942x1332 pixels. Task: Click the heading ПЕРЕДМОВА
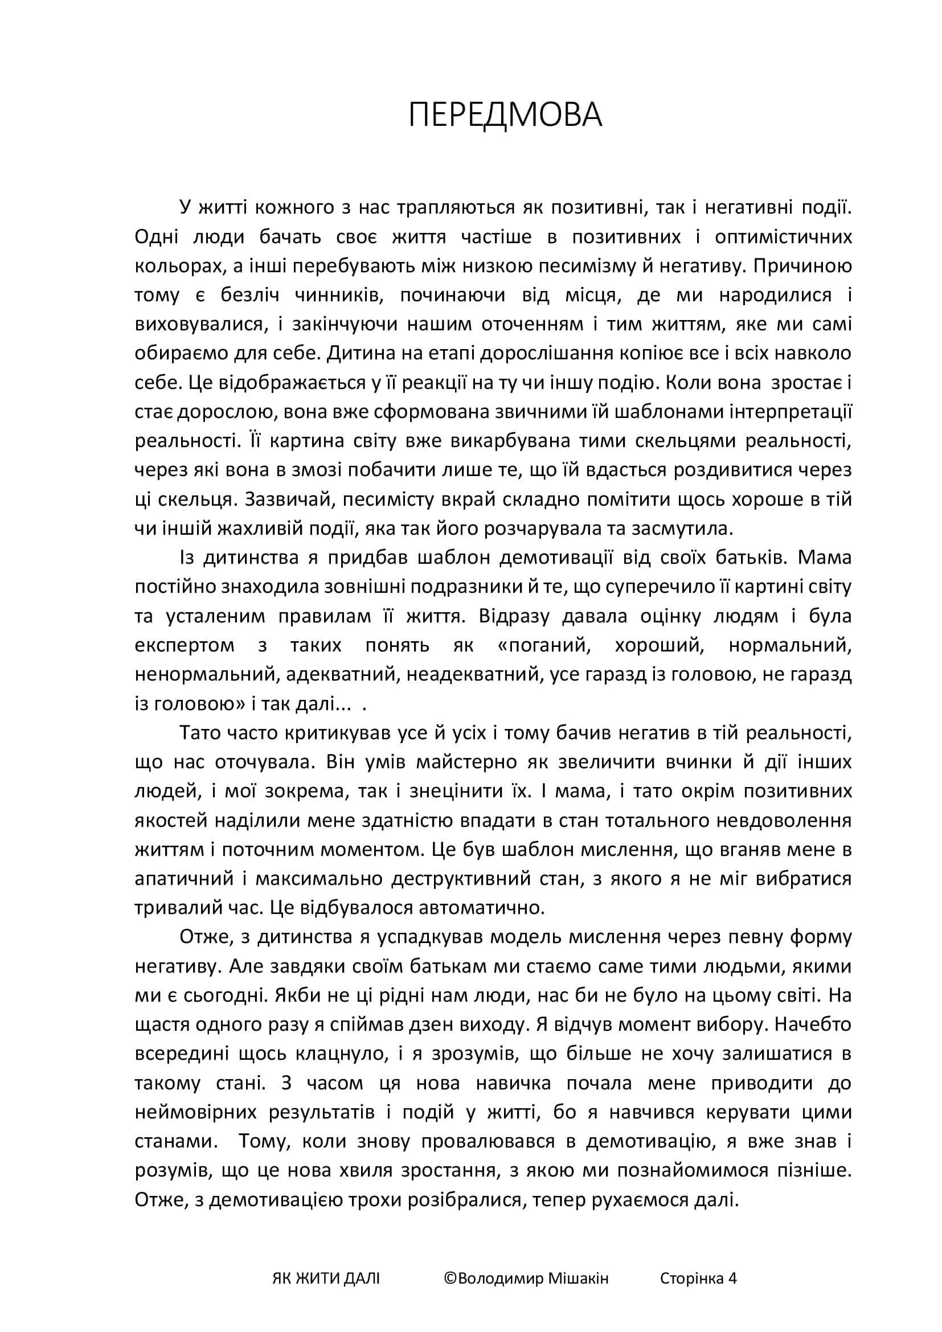click(505, 115)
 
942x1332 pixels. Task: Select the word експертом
click(185, 645)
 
